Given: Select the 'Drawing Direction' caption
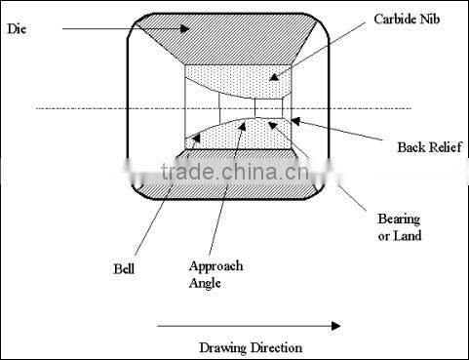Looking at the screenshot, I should tap(251, 347).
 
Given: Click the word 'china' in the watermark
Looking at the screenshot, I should tap(248, 175).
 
